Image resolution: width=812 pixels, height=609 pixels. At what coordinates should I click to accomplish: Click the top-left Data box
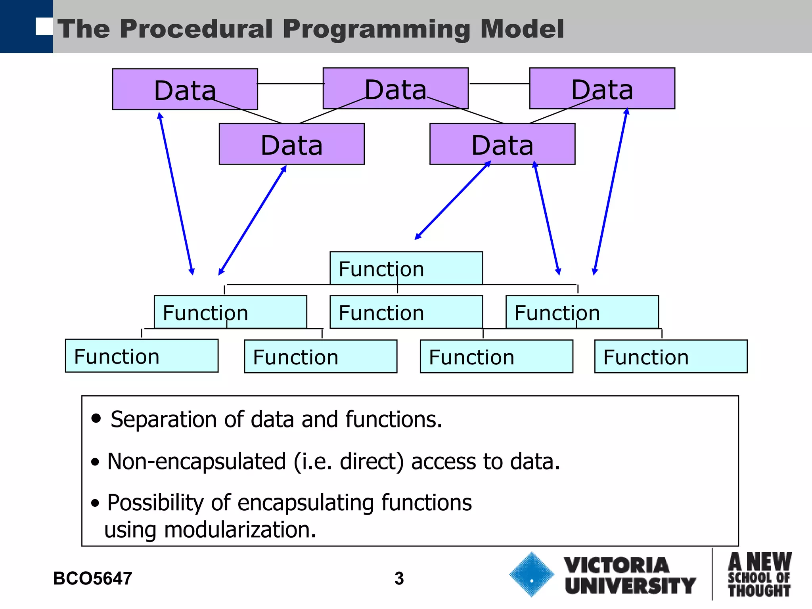click(x=185, y=89)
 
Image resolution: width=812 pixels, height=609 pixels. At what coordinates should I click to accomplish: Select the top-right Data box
click(x=602, y=88)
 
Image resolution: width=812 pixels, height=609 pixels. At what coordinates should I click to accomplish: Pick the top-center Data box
click(x=395, y=88)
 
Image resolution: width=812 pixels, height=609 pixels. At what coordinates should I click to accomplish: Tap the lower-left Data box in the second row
click(x=291, y=144)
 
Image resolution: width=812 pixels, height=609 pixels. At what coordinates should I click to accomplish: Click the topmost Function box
click(x=406, y=268)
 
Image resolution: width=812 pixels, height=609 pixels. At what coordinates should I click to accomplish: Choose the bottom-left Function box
click(x=142, y=356)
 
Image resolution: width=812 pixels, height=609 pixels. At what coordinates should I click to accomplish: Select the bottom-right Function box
click(x=670, y=356)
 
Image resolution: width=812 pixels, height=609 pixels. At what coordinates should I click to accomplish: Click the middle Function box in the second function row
click(x=406, y=312)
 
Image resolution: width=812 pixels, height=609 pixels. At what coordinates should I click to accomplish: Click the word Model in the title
click(x=522, y=29)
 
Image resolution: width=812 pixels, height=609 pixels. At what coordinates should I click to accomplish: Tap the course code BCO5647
click(x=92, y=578)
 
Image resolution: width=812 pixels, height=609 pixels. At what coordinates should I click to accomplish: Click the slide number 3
click(x=399, y=578)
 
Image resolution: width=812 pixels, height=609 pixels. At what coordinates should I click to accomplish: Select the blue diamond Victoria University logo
click(x=531, y=574)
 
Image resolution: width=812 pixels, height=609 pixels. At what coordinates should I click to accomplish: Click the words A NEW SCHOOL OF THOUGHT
click(x=759, y=575)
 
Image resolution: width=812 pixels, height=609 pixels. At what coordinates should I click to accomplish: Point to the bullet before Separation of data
click(x=96, y=418)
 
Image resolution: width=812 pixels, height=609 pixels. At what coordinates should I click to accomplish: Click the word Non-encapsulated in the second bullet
click(x=196, y=462)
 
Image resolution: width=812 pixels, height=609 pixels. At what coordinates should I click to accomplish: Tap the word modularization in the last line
click(x=239, y=530)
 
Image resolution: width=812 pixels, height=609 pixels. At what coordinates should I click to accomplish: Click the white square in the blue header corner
click(x=44, y=26)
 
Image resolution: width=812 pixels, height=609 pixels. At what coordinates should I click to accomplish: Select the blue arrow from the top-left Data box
click(x=176, y=193)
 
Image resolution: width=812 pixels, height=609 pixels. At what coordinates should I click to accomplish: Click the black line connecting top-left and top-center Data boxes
click(x=290, y=84)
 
